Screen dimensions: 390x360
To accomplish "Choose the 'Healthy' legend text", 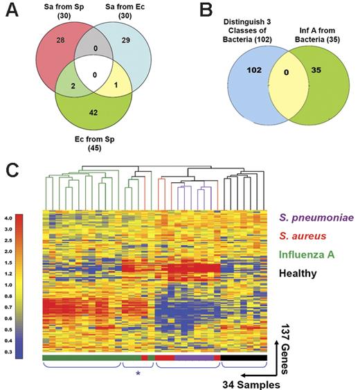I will pos(294,273).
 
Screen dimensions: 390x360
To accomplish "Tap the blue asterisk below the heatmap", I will pos(138,374).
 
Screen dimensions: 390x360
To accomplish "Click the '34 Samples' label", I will pos(244,382).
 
